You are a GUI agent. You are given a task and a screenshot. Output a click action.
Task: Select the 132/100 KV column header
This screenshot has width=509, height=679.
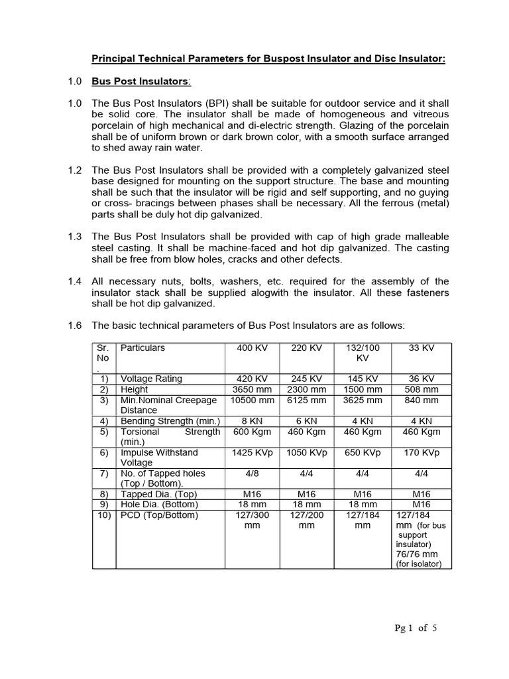363,353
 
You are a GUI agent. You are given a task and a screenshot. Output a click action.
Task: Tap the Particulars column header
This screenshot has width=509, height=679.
142,348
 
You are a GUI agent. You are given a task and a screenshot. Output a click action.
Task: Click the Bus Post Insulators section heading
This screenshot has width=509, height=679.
141,82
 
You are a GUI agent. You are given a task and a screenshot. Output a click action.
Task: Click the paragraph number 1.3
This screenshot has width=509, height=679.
75,237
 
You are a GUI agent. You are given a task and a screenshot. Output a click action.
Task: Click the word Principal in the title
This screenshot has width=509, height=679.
113,59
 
